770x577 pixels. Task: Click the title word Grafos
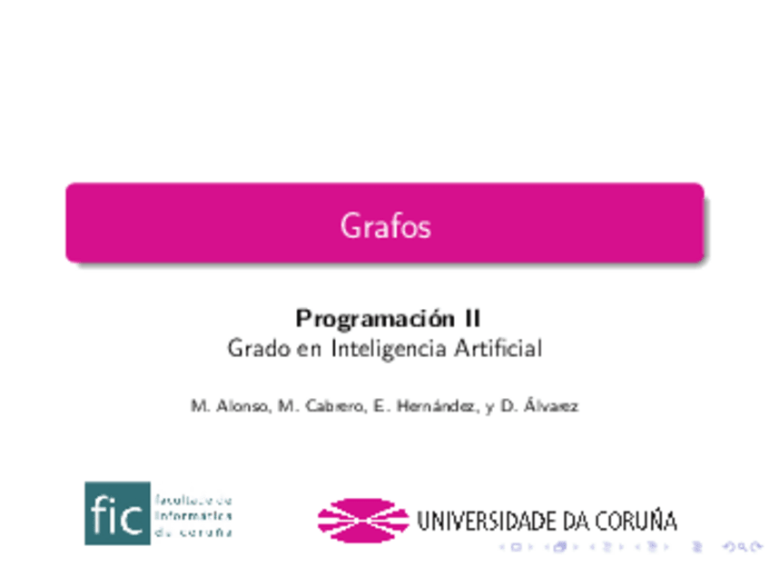tap(385, 224)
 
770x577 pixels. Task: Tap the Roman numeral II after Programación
tap(471, 319)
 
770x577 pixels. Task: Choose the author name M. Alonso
tap(229, 406)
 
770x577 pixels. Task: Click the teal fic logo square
tap(117, 513)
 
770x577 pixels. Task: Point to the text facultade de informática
tap(193, 508)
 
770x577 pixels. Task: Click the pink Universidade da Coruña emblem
tap(362, 520)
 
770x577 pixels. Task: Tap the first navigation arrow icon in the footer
tap(516, 547)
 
